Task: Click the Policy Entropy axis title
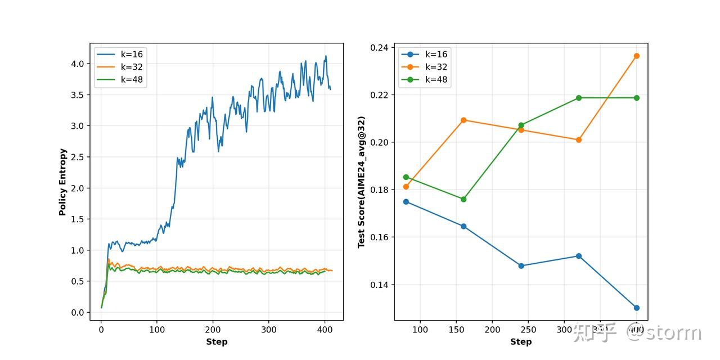click(x=63, y=182)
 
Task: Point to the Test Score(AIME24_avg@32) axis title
click(x=362, y=182)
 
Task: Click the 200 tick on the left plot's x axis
click(x=213, y=330)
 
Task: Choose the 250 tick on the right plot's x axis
click(x=528, y=330)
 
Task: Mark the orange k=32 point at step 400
click(x=636, y=56)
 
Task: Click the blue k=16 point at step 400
click(x=636, y=308)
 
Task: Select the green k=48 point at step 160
click(x=463, y=199)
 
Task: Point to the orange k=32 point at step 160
click(x=463, y=120)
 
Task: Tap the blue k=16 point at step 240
click(x=521, y=265)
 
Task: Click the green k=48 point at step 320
click(x=579, y=98)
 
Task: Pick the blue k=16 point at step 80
click(x=406, y=201)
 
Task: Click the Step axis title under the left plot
click(x=217, y=342)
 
